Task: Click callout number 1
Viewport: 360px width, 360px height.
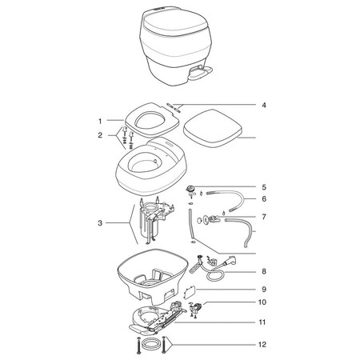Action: (100, 120)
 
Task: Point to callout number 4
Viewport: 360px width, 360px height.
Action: (263, 104)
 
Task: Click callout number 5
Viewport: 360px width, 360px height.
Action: (263, 186)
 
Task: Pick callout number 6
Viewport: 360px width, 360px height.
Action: (263, 198)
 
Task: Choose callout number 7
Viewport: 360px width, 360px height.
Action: (263, 217)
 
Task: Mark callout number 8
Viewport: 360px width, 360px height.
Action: (263, 271)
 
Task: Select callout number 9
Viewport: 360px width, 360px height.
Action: (263, 288)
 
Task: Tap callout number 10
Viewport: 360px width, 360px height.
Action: (263, 304)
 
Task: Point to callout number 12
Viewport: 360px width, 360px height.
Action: (263, 346)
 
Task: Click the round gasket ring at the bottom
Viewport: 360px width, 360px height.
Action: (149, 346)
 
